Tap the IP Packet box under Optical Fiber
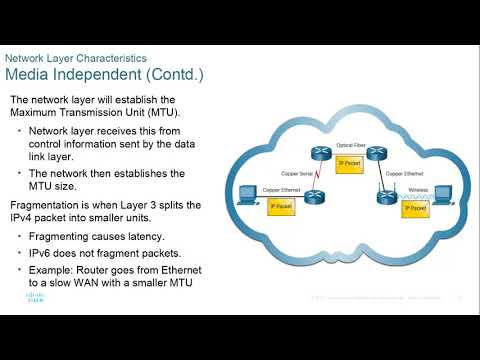348,163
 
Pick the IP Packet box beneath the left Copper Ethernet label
281,207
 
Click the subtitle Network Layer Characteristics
82,59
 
